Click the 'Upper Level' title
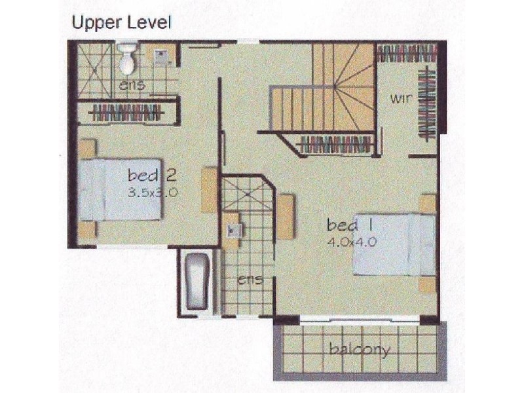tap(121, 22)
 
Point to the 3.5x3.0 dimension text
tap(153, 193)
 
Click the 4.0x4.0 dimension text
tap(350, 242)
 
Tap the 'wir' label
tap(401, 100)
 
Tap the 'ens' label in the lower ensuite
tap(250, 280)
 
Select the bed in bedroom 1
tap(395, 245)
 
